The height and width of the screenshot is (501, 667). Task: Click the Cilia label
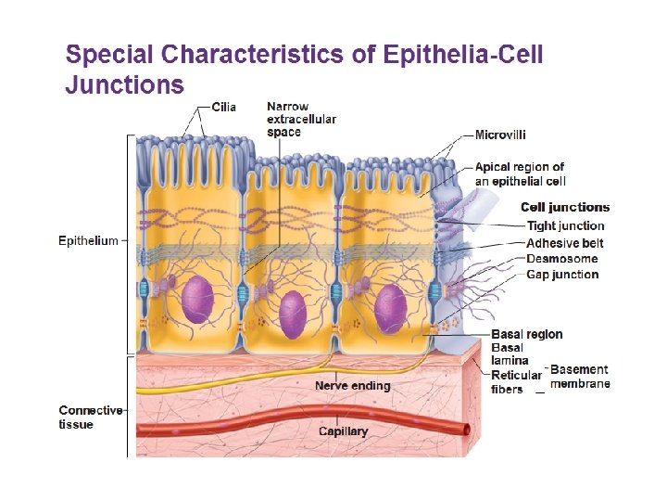click(224, 107)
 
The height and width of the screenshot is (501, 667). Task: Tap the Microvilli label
click(501, 135)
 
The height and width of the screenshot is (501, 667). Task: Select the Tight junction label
click(565, 225)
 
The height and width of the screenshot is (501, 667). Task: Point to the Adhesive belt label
click(565, 242)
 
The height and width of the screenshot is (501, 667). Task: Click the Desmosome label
click(562, 258)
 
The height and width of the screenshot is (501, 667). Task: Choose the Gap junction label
click(562, 274)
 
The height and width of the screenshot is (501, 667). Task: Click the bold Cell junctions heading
click(565, 207)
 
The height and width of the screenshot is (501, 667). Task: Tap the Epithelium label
click(88, 241)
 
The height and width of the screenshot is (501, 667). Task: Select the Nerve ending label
click(353, 385)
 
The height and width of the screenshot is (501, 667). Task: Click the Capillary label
click(343, 430)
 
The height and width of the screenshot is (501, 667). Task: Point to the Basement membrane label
click(580, 377)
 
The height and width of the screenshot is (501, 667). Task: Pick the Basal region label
click(526, 334)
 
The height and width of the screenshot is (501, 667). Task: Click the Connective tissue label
click(90, 417)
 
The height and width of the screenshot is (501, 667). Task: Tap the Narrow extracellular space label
click(301, 119)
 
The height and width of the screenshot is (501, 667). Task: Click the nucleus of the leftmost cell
click(197, 301)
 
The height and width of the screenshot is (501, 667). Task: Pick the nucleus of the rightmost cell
click(390, 308)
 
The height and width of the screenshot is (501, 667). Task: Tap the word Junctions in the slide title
click(124, 85)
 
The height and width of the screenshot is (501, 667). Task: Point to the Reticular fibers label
click(516, 381)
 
